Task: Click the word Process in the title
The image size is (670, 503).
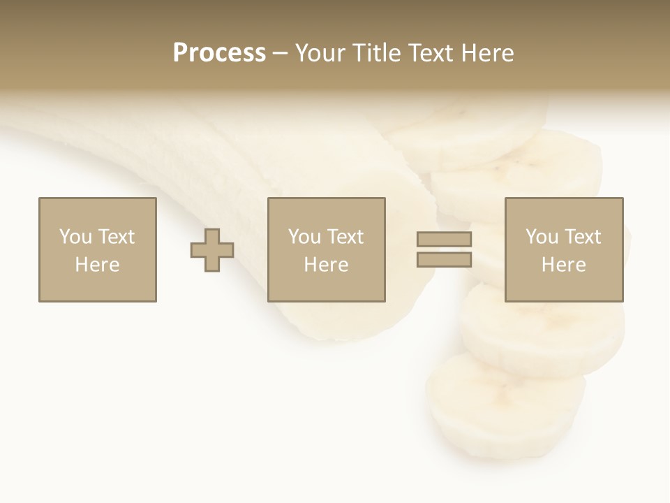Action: point(219,53)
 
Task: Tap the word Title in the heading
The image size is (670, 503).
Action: point(375,53)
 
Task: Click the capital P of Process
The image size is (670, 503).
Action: point(181,53)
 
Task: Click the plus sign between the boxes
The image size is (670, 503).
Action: point(212,250)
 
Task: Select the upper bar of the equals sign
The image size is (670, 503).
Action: point(444,239)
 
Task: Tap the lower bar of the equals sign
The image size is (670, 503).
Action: point(444,259)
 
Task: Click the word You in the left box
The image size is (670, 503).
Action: point(75,237)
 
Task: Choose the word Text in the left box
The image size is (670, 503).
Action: point(116,237)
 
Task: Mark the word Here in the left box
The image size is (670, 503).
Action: point(97,265)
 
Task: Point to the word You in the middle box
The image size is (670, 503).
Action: point(304,237)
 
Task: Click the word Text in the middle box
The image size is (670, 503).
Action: point(345,237)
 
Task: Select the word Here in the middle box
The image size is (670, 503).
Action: point(326,265)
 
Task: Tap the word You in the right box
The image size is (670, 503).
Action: point(541,237)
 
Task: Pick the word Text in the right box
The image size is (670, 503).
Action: point(582,237)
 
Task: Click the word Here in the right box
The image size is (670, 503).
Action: point(563,265)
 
